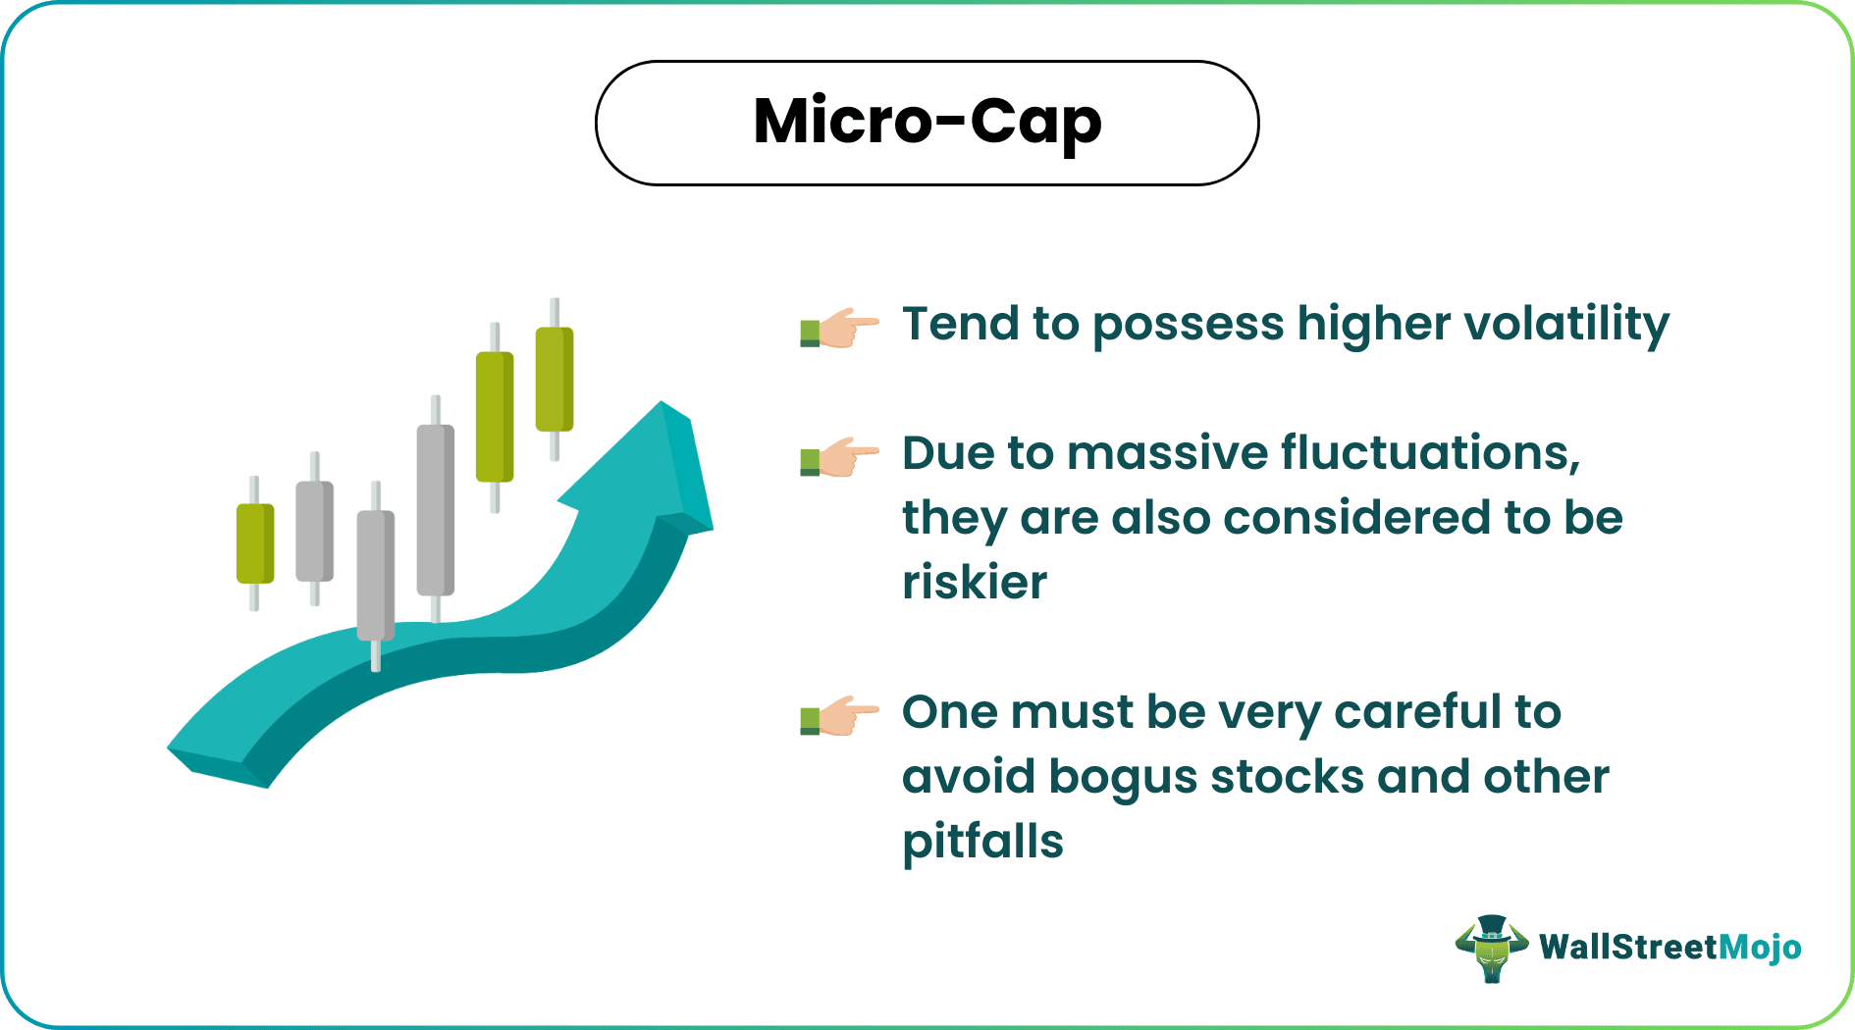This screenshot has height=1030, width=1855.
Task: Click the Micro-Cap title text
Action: coord(927,123)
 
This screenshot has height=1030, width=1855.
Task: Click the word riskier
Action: coord(975,583)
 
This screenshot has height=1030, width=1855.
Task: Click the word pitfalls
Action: coord(982,842)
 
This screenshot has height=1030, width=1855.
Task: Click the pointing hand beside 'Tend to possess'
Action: coord(840,328)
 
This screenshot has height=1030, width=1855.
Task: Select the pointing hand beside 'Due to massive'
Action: coord(840,457)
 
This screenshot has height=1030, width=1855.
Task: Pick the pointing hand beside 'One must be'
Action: coord(840,716)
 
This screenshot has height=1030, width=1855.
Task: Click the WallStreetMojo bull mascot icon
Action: coord(1491,949)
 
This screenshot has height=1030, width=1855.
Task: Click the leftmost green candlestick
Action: coord(255,543)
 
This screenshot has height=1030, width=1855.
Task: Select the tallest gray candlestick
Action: coord(435,510)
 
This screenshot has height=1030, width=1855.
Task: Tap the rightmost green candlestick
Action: coord(555,379)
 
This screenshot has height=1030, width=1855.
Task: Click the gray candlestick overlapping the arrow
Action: coord(375,575)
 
